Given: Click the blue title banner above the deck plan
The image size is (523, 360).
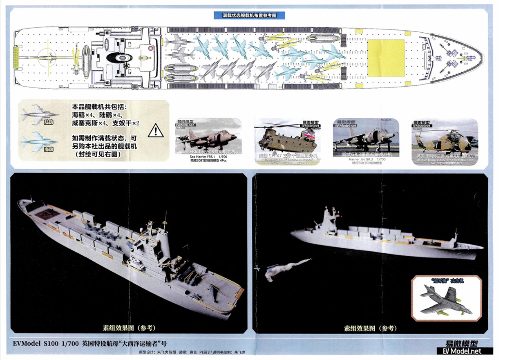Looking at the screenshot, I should (x=250, y=15).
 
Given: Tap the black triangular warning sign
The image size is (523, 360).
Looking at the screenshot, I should (x=155, y=130).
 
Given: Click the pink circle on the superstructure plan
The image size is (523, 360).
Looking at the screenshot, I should (x=150, y=48).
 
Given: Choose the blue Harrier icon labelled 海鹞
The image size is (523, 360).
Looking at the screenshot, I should (x=38, y=141).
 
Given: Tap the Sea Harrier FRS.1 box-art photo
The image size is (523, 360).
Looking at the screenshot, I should (x=208, y=141).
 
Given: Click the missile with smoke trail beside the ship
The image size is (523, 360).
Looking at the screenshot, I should (x=280, y=268).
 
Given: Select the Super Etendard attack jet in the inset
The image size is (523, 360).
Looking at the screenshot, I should (x=446, y=300).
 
